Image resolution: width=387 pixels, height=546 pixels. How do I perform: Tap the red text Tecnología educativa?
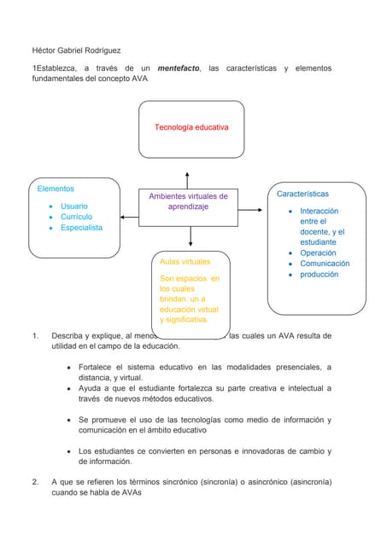[x=191, y=127]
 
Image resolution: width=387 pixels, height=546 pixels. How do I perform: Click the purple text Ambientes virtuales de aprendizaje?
[x=188, y=201]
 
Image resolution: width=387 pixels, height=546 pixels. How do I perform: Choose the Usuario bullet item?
[x=73, y=206]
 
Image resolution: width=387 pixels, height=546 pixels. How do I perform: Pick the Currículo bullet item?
[x=76, y=217]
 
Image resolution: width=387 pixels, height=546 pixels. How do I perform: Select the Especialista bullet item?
[x=81, y=228]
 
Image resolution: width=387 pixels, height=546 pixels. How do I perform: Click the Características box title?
[x=302, y=194]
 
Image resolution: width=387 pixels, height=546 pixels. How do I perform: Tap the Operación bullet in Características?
[x=318, y=253]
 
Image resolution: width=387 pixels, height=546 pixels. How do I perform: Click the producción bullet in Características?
[x=320, y=275]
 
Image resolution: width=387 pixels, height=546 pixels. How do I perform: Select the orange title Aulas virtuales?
[x=185, y=262]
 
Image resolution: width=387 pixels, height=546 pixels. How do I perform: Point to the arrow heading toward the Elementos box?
[x=129, y=217]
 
